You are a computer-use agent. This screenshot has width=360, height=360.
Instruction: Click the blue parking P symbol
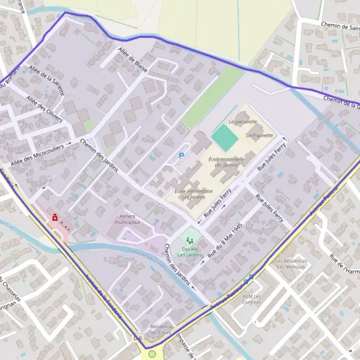click(x=182, y=156)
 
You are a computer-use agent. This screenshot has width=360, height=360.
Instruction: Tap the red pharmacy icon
click(x=55, y=218)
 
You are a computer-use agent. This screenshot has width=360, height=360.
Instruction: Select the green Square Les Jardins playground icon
click(x=190, y=240)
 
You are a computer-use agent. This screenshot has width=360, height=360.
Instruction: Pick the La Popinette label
click(x=259, y=136)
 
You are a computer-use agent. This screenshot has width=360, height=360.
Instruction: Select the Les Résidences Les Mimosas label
click(x=291, y=264)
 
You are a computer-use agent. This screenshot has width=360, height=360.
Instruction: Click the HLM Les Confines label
click(x=252, y=299)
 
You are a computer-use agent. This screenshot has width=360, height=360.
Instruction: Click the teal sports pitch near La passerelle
click(x=224, y=137)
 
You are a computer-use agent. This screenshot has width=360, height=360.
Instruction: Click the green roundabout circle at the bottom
click(x=152, y=354)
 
